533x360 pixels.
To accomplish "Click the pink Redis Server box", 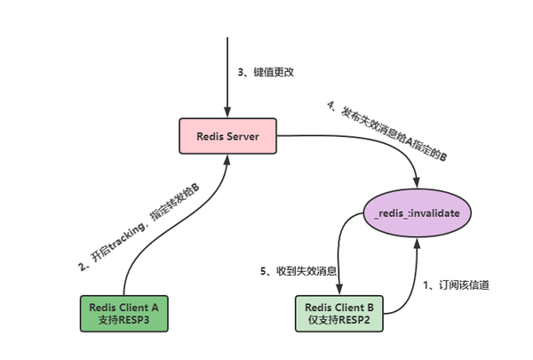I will pyautogui.click(x=227, y=138).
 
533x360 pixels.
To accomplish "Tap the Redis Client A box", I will pyautogui.click(x=123, y=312).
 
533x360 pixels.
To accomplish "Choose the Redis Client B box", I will pyautogui.click(x=340, y=312).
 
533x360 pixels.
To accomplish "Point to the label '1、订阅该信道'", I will pyautogui.click(x=456, y=284).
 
